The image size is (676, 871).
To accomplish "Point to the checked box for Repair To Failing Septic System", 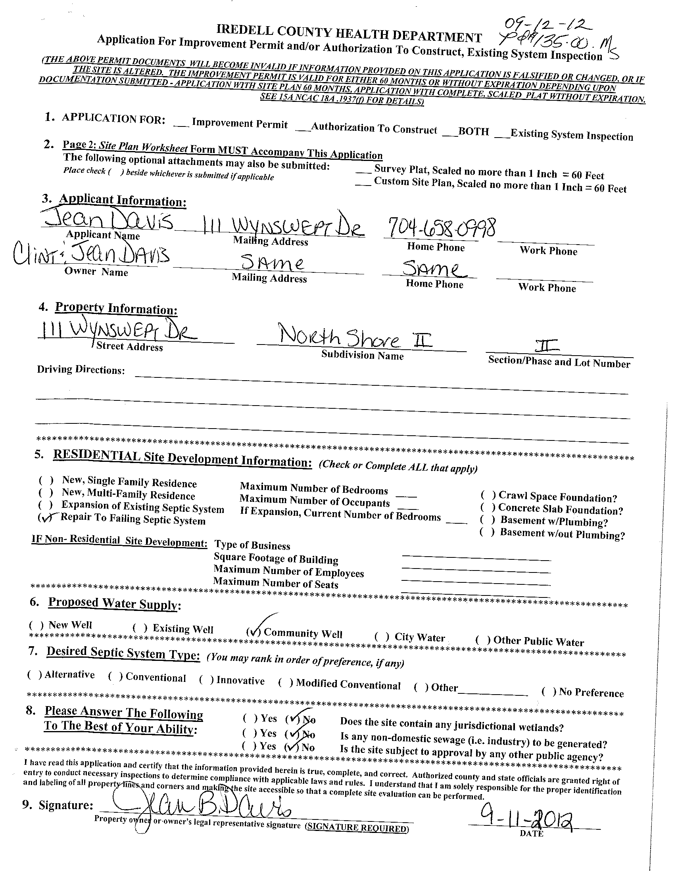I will click(x=46, y=518).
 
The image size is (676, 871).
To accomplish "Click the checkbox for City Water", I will click(x=382, y=637).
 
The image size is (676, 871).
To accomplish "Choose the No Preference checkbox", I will click(x=549, y=691).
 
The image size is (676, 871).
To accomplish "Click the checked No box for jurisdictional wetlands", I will click(x=293, y=719).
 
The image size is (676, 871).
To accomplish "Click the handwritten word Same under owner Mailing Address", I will click(x=272, y=263).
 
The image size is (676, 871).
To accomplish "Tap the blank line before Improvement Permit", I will click(x=181, y=125).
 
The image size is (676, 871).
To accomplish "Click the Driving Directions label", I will click(x=81, y=370).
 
